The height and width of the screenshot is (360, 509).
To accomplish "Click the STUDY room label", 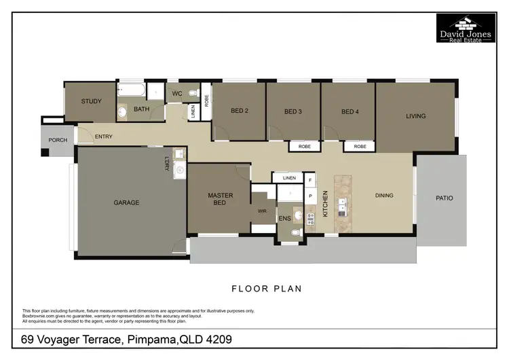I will pyautogui.click(x=91, y=102).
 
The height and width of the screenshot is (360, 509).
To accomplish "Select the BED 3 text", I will pyautogui.click(x=294, y=111).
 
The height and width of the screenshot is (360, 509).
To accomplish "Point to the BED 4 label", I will pyautogui.click(x=349, y=111).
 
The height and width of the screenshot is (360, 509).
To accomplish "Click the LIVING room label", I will pyautogui.click(x=415, y=116).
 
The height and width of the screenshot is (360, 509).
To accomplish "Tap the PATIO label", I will pyautogui.click(x=445, y=198).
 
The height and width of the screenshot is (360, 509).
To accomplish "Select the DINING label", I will pyautogui.click(x=384, y=196).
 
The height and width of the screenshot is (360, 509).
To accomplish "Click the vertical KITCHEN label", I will pyautogui.click(x=326, y=204).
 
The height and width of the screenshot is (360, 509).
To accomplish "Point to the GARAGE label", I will pyautogui.click(x=126, y=202).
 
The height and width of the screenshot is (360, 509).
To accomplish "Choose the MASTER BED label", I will pyautogui.click(x=220, y=199).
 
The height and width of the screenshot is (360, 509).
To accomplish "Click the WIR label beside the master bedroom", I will pyautogui.click(x=262, y=211).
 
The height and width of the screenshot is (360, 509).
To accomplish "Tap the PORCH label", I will pyautogui.click(x=58, y=141).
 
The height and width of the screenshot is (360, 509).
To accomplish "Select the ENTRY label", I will pyautogui.click(x=104, y=137).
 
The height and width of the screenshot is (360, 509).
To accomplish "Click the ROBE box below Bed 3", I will pyautogui.click(x=305, y=146).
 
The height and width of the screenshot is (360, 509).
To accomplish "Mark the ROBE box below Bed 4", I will pyautogui.click(x=359, y=146).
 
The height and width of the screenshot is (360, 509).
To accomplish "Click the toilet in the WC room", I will pyautogui.click(x=193, y=93).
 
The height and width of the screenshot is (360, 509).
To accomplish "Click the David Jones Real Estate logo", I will pyautogui.click(x=465, y=28).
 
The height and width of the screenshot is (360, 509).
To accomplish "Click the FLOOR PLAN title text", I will pyautogui.click(x=267, y=289).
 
